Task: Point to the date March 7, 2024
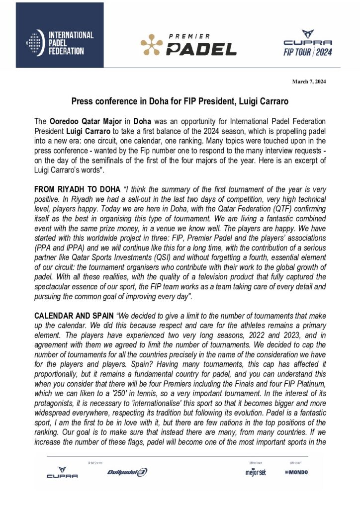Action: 309,82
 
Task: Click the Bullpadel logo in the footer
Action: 127,472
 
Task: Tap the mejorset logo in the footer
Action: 256,472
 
